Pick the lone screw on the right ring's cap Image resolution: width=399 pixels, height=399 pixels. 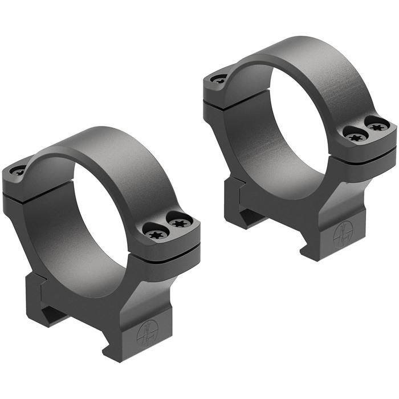click(x=218, y=79)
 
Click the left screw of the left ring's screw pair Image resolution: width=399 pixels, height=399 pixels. click(x=155, y=233)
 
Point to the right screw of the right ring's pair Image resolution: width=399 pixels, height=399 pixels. click(x=377, y=124)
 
